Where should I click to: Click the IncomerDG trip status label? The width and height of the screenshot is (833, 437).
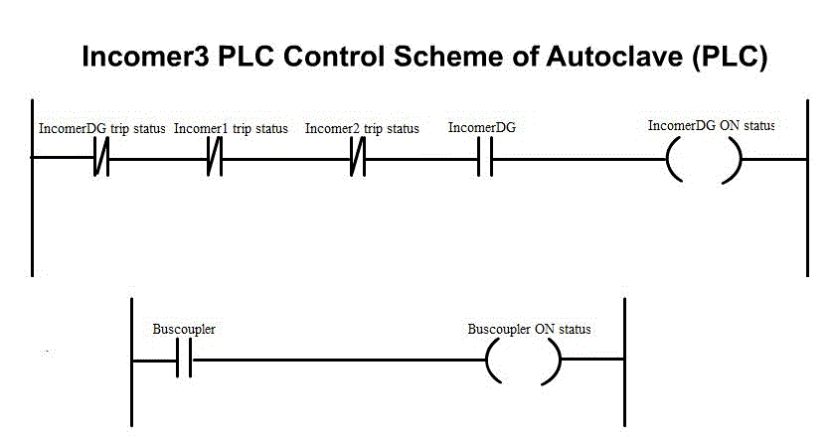(x=101, y=129)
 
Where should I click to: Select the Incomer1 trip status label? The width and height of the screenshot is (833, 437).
(x=231, y=129)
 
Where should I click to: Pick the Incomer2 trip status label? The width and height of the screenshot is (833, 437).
(x=362, y=129)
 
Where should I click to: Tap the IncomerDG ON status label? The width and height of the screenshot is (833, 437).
(x=711, y=126)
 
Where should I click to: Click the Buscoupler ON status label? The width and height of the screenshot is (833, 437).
(x=529, y=329)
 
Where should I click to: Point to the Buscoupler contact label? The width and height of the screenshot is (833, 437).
(x=183, y=329)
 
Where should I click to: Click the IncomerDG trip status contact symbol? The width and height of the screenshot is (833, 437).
(x=101, y=159)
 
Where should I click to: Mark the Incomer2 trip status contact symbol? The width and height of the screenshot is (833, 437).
(x=358, y=159)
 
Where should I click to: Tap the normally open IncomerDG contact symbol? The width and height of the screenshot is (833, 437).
(x=484, y=159)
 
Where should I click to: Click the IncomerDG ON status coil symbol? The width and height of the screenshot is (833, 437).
(x=705, y=159)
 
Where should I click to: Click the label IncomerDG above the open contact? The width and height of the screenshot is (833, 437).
(x=481, y=128)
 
